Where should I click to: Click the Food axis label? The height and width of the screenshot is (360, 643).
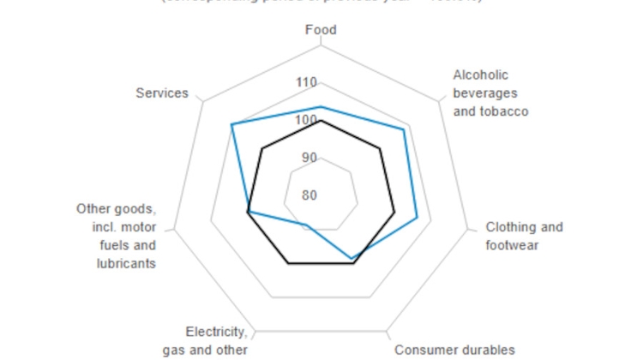coord(321,30)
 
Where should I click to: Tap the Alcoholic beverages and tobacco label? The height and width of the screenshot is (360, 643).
coord(490,93)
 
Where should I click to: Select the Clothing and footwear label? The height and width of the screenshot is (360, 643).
coord(524,236)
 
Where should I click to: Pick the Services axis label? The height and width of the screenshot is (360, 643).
coord(162,93)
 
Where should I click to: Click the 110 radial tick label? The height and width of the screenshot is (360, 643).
coord(305,83)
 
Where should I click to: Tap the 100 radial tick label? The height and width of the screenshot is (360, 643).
coord(305,120)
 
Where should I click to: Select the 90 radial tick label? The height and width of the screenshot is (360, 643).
coord(309,158)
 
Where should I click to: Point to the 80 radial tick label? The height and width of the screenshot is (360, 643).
coord(309,195)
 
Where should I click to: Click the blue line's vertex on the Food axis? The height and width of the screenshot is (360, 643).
coord(321,107)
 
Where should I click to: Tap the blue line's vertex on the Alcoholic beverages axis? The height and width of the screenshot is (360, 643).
coord(404,129)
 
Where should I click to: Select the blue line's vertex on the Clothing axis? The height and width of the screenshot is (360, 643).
coord(417,218)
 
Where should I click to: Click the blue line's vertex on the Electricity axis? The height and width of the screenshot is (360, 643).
coord(306,226)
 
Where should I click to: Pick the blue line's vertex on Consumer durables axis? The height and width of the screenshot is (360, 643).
coord(351,258)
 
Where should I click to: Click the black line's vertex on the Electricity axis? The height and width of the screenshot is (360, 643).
coord(289,264)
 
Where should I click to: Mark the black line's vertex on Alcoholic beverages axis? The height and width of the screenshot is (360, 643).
coord(380,149)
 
